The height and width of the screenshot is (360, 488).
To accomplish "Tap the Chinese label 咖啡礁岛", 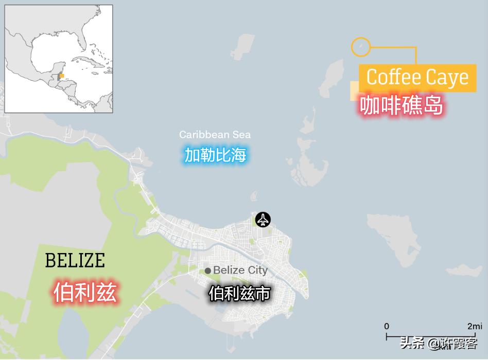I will pos(401,106).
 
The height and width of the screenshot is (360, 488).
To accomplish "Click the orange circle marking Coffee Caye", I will pos(360,47).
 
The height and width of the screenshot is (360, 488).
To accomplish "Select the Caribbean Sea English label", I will pos(215,135).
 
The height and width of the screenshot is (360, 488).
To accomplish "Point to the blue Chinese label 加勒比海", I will pos(216,154).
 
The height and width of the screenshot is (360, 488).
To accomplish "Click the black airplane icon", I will pos(263,220).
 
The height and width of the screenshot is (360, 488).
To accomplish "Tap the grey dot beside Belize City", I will pos(207,271).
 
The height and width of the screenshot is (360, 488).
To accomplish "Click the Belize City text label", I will pos(240,270).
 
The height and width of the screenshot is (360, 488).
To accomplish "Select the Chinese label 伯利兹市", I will pos(239,293).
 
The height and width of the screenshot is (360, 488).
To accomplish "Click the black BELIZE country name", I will pos(75,261).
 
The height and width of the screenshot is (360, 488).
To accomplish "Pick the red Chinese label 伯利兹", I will pos(85,292).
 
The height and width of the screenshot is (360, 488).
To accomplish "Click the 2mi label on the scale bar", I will pos(475,326).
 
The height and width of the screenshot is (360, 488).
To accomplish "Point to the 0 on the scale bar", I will pos(387,326).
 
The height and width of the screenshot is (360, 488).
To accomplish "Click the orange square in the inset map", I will pos(62,76).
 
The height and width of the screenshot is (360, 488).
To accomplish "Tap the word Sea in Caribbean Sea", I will pos(241,135).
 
